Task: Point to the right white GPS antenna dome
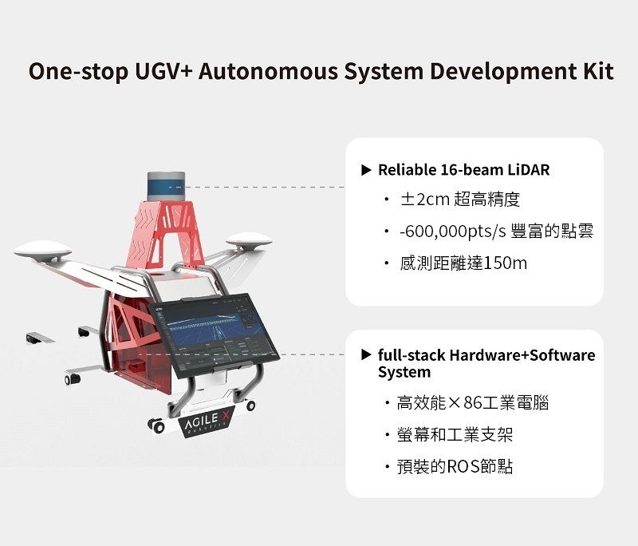click(244, 239)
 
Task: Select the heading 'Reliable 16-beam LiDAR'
click(463, 170)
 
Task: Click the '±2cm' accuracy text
click(425, 200)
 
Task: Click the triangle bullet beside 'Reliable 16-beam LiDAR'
click(366, 170)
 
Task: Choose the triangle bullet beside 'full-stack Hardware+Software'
click(366, 354)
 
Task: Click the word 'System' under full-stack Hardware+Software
click(404, 372)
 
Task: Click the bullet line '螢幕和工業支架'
click(454, 435)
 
